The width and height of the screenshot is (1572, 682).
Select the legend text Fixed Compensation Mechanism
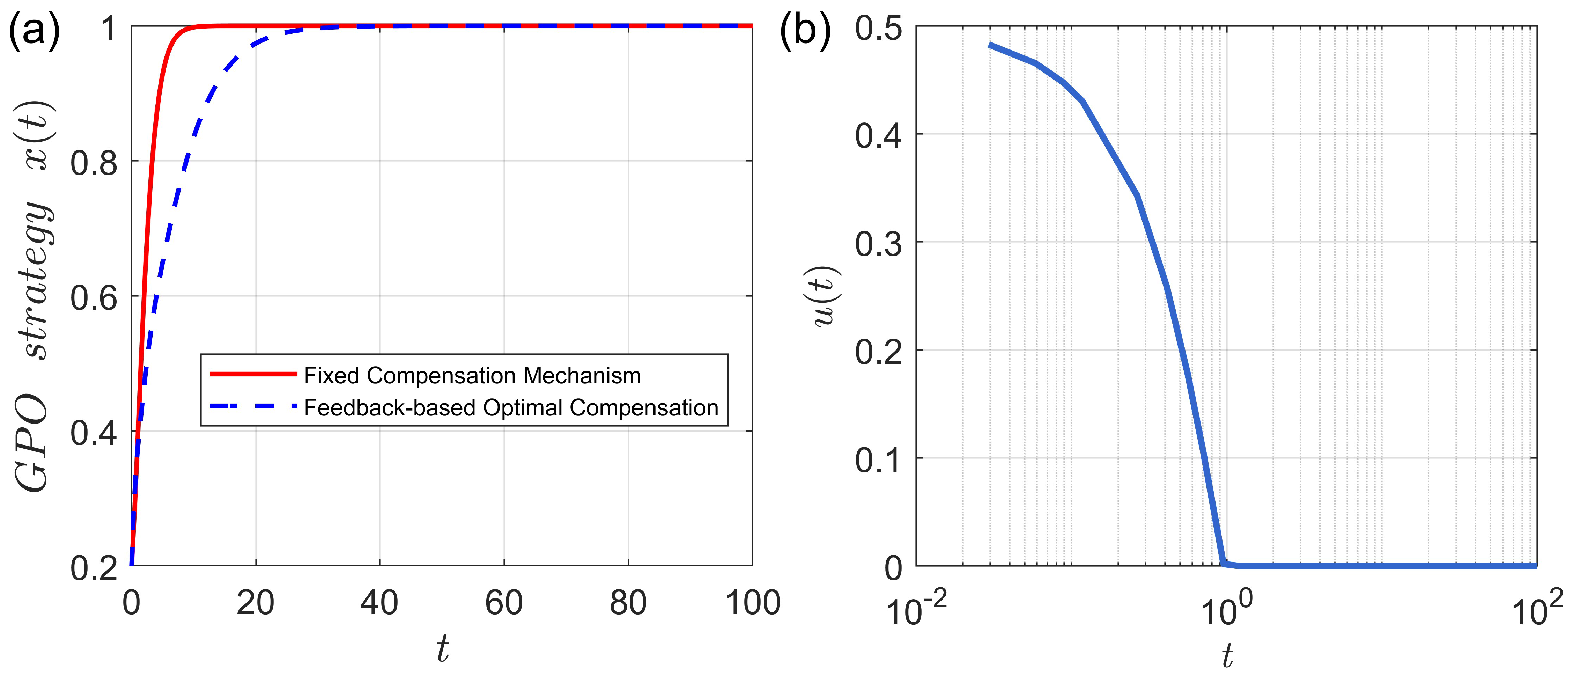pos(472,375)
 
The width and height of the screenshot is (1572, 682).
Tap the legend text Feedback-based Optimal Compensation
pos(511,407)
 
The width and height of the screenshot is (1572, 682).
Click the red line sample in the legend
pos(253,374)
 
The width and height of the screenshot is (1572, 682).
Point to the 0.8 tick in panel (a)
pos(94,163)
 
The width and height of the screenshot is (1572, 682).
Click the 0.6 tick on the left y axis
pos(94,298)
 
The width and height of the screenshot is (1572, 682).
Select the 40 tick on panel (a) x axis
pos(379,603)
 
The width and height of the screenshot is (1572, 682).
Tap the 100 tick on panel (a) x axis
pos(752,603)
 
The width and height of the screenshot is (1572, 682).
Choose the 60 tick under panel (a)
pos(504,603)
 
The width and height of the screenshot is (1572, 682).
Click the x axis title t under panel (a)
pos(442,649)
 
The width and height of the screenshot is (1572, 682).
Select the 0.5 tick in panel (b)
pos(878,28)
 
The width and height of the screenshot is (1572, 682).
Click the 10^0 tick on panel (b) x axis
pos(1226,611)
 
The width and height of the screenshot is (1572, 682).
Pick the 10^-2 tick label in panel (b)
pos(916,611)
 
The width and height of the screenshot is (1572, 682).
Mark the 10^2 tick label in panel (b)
pos(1536,611)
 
